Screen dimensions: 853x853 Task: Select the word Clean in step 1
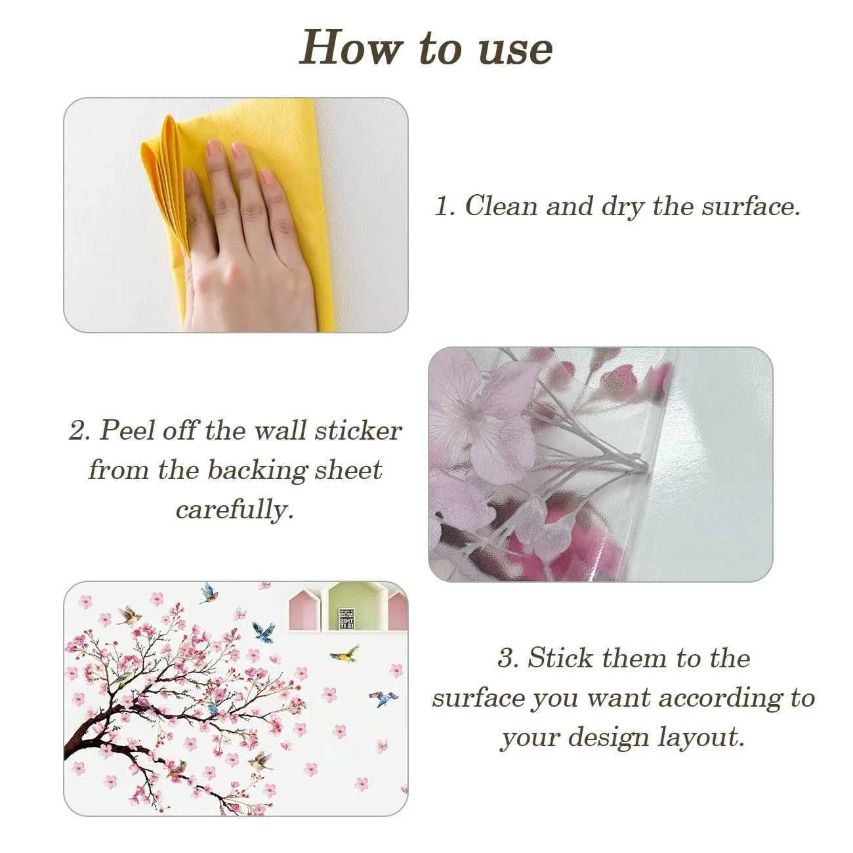[x=501, y=205]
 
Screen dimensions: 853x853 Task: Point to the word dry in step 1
[x=622, y=207]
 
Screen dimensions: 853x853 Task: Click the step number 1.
[x=444, y=206]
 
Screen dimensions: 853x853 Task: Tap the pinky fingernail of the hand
[x=267, y=177]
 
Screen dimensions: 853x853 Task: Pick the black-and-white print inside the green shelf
[x=346, y=619]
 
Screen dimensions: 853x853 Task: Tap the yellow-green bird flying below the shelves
[x=345, y=654]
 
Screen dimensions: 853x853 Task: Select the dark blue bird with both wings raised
[x=264, y=632]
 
